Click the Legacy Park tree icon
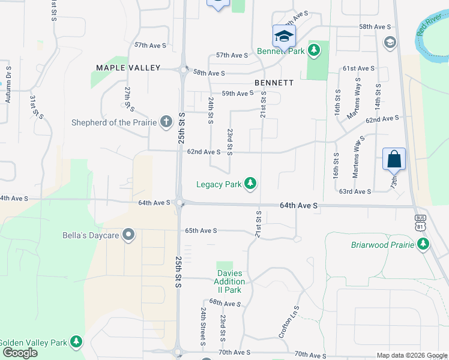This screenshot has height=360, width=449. tap(250, 184)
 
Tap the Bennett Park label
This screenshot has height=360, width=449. tap(281, 51)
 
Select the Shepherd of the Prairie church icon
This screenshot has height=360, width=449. tap(167, 122)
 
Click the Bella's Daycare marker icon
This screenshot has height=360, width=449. tap(127, 235)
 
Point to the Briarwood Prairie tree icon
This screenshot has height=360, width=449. tap(424, 244)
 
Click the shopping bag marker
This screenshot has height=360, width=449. tap(394, 160)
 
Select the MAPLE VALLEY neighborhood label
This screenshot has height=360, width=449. tap(128, 68)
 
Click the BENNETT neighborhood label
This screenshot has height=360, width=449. tap(274, 82)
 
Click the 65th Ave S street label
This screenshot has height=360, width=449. tap(200, 230)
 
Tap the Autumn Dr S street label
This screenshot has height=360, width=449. tap(8, 84)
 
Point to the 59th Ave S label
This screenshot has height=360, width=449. tap(237, 94)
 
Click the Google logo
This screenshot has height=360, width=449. tap(20, 353)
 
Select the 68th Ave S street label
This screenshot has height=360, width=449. tap(224, 304)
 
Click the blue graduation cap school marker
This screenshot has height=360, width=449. tap(284, 36)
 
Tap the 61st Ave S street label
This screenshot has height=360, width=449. tap(358, 69)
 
